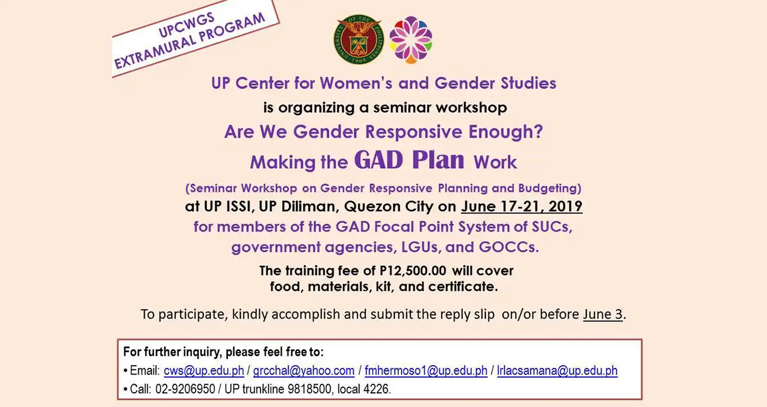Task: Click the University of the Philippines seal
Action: (359, 40)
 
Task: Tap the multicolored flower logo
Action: (411, 40)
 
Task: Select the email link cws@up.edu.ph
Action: (204, 371)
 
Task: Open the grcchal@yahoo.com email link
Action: (303, 371)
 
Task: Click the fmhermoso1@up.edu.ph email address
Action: (426, 371)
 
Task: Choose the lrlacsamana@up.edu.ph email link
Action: (557, 371)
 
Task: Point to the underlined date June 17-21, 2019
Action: (522, 206)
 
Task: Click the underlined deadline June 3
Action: (603, 314)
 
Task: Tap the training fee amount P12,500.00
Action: (413, 271)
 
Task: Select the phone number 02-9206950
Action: (185, 389)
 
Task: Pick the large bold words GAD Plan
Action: (409, 160)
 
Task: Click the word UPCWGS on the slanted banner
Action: (187, 25)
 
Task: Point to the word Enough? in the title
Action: (506, 132)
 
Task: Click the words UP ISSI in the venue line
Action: (227, 206)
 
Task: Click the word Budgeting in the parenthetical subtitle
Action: (547, 188)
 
